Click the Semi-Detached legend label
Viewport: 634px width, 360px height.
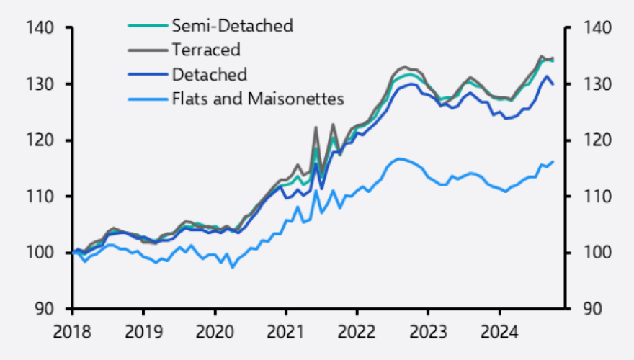click(232, 26)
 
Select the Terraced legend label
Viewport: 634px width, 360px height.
click(206, 50)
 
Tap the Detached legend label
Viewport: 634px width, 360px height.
click(210, 74)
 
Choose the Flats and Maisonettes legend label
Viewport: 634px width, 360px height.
click(258, 99)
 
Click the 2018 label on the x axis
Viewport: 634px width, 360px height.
click(72, 332)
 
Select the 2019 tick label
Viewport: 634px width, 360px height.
click(143, 332)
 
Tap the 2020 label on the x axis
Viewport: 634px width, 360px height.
click(214, 332)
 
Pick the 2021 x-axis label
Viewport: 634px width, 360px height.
click(285, 332)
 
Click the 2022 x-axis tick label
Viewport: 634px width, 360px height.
click(357, 332)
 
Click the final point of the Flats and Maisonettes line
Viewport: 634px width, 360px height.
click(553, 162)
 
